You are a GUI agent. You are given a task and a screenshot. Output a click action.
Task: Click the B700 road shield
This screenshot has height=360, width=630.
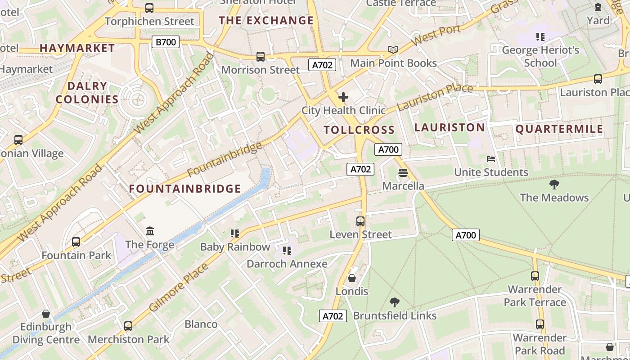click(x=166, y=42)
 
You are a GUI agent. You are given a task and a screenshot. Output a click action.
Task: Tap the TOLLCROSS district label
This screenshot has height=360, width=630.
click(x=359, y=130)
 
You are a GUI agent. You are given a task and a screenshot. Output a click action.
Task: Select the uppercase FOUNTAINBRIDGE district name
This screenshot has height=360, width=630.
click(x=185, y=189)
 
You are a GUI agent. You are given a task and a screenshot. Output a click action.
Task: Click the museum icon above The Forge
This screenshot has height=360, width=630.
click(x=150, y=231)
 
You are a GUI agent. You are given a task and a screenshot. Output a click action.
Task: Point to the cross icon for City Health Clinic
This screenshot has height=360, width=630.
click(x=343, y=97)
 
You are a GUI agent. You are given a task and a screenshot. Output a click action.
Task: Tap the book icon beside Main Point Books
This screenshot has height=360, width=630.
click(x=393, y=50)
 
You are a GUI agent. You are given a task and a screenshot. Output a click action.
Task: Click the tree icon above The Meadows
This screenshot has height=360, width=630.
click(x=554, y=184)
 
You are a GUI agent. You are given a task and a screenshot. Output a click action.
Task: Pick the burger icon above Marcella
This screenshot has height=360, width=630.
click(x=403, y=173)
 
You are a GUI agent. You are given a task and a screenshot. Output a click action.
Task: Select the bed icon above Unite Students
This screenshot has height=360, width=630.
click(x=491, y=159)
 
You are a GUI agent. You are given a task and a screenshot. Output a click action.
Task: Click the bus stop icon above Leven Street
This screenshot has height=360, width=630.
click(x=360, y=221)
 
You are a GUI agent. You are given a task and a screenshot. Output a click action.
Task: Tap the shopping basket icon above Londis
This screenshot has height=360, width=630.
click(x=352, y=278)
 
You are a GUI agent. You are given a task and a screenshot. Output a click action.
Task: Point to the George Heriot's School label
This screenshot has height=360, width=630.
click(x=540, y=56)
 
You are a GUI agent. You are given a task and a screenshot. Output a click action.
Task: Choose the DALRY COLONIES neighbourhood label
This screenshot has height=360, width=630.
click(x=87, y=93)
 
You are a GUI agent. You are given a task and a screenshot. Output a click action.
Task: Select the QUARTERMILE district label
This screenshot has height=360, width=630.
click(x=559, y=129)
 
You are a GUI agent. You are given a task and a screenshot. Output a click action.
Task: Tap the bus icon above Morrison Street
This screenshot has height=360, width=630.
click(x=261, y=57)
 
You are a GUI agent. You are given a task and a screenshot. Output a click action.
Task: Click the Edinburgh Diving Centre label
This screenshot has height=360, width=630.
click(x=46, y=333)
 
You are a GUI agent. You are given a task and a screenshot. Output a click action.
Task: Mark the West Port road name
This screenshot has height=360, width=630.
click(x=436, y=36)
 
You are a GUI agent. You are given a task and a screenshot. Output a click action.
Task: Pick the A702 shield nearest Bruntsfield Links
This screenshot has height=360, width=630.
click(x=333, y=316)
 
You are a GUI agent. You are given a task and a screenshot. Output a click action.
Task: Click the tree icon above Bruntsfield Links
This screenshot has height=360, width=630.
click(x=395, y=302)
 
